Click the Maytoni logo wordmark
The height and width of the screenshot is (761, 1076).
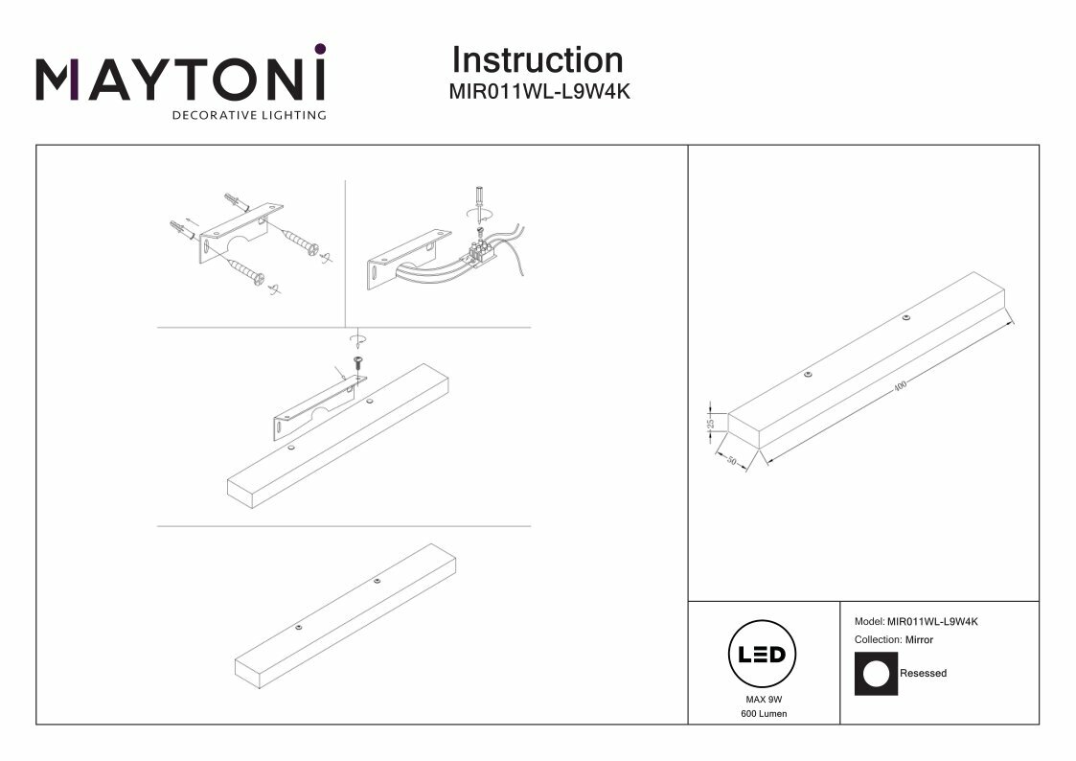coord(180,80)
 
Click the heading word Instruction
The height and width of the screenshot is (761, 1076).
coord(537,60)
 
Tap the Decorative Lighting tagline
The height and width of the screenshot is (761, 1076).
coord(248,116)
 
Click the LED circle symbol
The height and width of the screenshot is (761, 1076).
coord(763,657)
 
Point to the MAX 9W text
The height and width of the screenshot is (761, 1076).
coord(763,701)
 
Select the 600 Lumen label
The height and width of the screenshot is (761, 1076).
coord(764,715)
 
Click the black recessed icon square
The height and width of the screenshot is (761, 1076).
coord(876,673)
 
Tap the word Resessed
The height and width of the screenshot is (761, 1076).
coord(923,674)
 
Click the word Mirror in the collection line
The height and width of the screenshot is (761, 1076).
coord(919,639)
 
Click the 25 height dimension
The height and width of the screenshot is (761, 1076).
coord(711,421)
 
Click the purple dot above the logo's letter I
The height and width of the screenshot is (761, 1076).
coord(320,49)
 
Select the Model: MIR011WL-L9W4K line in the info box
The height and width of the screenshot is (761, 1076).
coord(915,621)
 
